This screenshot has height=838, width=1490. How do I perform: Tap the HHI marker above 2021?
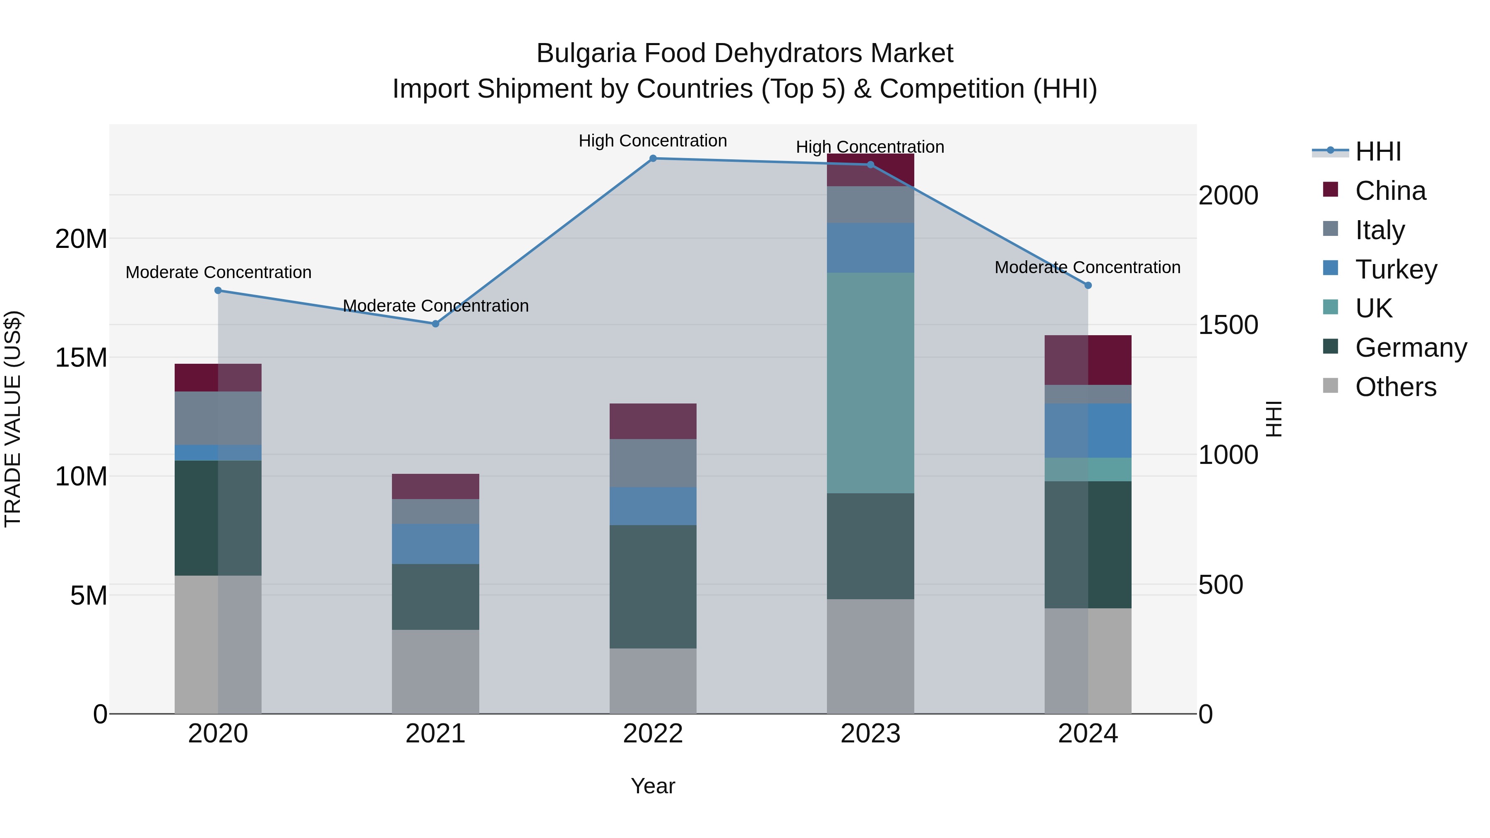click(435, 324)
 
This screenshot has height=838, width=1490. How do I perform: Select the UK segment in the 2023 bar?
click(870, 383)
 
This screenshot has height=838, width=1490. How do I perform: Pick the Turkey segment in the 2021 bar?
click(435, 544)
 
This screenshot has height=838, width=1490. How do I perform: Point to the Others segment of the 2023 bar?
click(870, 656)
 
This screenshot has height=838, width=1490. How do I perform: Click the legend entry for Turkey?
click(1395, 269)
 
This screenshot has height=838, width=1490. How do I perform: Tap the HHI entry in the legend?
click(1378, 151)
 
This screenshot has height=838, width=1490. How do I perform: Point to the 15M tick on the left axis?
click(81, 358)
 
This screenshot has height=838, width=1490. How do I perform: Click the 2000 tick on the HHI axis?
click(1228, 195)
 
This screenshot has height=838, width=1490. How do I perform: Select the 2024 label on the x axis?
click(1087, 734)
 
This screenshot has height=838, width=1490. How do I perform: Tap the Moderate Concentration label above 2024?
click(1087, 267)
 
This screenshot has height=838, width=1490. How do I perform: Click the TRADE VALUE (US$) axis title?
click(13, 419)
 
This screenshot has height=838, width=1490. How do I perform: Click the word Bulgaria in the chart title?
click(585, 53)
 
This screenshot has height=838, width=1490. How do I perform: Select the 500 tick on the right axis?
click(1221, 585)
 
